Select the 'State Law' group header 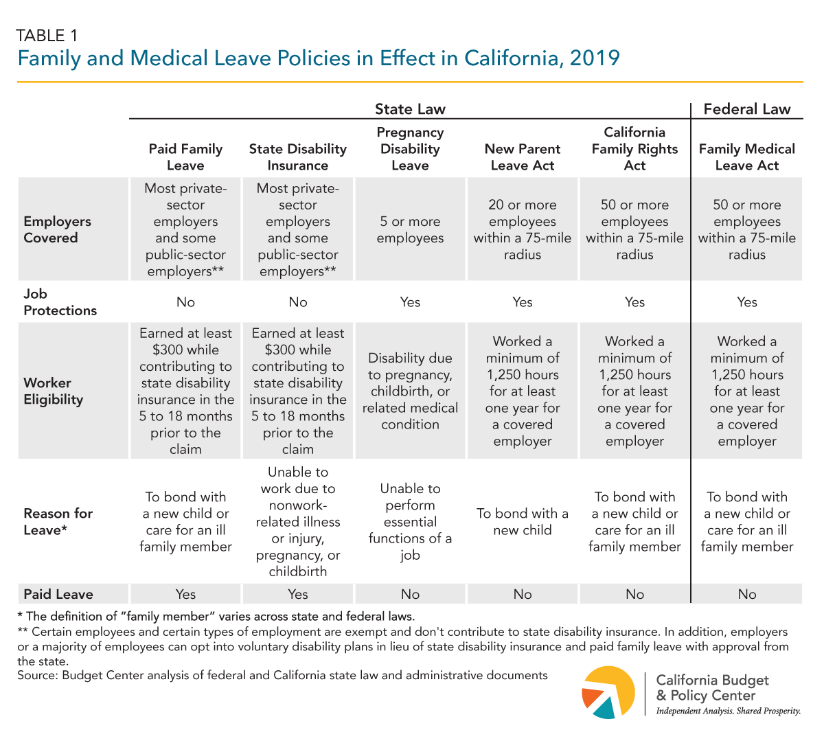coord(410,109)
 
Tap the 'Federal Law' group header coord(747,109)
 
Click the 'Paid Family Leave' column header coord(185,157)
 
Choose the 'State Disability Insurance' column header coord(298,157)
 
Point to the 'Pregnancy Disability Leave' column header coord(410,149)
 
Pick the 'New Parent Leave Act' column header coord(523,157)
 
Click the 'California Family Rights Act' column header coord(634,149)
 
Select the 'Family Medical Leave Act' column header coord(747,157)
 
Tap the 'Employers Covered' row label coord(58,229)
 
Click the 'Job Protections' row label coord(60,302)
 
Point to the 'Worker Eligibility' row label coord(54,391)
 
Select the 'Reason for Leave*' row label coord(58,522)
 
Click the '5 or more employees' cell coord(410,230)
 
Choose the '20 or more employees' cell coord(523,229)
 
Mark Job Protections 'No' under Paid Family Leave coord(185,302)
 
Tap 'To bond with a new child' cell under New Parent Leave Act coord(523,522)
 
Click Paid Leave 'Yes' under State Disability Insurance coord(298,594)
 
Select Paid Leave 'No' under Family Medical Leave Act coord(747,594)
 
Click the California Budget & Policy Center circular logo coord(608,692)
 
